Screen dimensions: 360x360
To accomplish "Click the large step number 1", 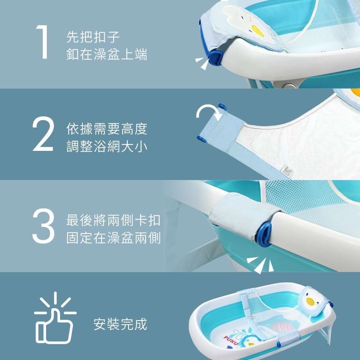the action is pyautogui.click(x=43, y=42).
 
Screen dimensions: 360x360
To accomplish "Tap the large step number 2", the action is pyautogui.click(x=43, y=134).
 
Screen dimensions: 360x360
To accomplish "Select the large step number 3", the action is pyautogui.click(x=44, y=226).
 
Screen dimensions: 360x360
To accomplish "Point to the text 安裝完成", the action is pyautogui.click(x=120, y=324).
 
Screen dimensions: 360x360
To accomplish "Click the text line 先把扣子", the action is pyautogui.click(x=93, y=37).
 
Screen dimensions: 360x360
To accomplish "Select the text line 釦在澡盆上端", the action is pyautogui.click(x=107, y=54).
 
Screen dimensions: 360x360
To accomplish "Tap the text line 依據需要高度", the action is pyautogui.click(x=107, y=129).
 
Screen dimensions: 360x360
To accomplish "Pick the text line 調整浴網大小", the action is pyautogui.click(x=107, y=146).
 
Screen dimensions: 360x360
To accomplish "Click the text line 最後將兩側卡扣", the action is pyautogui.click(x=113, y=220).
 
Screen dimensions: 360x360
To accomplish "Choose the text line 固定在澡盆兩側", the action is pyautogui.click(x=113, y=238).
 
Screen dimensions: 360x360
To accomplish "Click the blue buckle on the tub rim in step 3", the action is pyautogui.click(x=264, y=235).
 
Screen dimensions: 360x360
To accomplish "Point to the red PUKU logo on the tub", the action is pyautogui.click(x=231, y=340).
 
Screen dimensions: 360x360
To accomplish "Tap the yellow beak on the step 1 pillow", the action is pyautogui.click(x=258, y=31).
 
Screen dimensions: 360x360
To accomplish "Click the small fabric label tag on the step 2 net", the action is pyautogui.click(x=287, y=171).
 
